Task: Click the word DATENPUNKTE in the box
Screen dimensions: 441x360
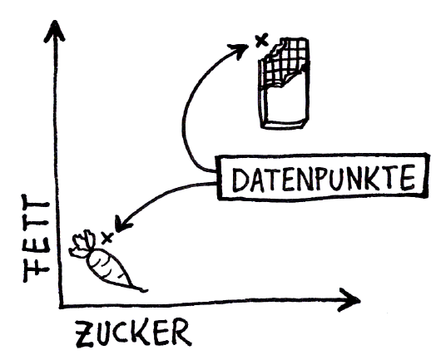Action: tap(325, 178)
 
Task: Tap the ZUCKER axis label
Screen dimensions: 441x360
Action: tap(133, 333)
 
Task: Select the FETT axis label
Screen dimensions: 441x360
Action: tap(36, 239)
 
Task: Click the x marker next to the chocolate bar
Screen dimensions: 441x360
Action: tap(261, 40)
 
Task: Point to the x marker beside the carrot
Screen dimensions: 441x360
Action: tap(107, 238)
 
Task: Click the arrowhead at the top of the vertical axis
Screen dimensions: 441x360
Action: tap(55, 31)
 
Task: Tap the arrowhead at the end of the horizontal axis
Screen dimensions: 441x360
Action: tap(349, 300)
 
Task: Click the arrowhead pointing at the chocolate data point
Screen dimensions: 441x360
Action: tap(239, 50)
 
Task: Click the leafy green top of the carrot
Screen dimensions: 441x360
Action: tap(82, 244)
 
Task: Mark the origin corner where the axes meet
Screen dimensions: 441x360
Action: tap(61, 306)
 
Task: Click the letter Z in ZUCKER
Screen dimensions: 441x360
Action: tap(84, 334)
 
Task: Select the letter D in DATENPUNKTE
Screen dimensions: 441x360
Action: tap(241, 180)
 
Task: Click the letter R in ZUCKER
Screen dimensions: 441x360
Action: tap(181, 332)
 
